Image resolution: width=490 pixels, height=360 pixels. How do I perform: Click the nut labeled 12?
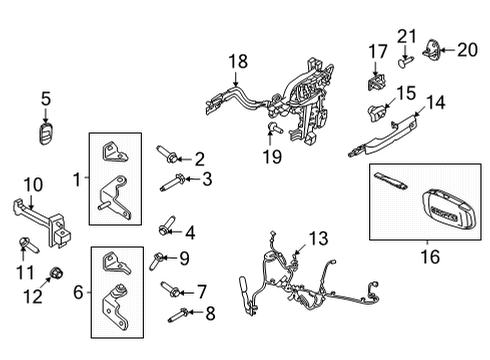55,273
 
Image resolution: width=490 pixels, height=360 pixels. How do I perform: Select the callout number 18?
236,62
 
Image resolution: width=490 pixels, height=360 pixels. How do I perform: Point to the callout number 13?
317,238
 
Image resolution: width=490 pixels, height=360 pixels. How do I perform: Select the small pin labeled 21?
406,61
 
